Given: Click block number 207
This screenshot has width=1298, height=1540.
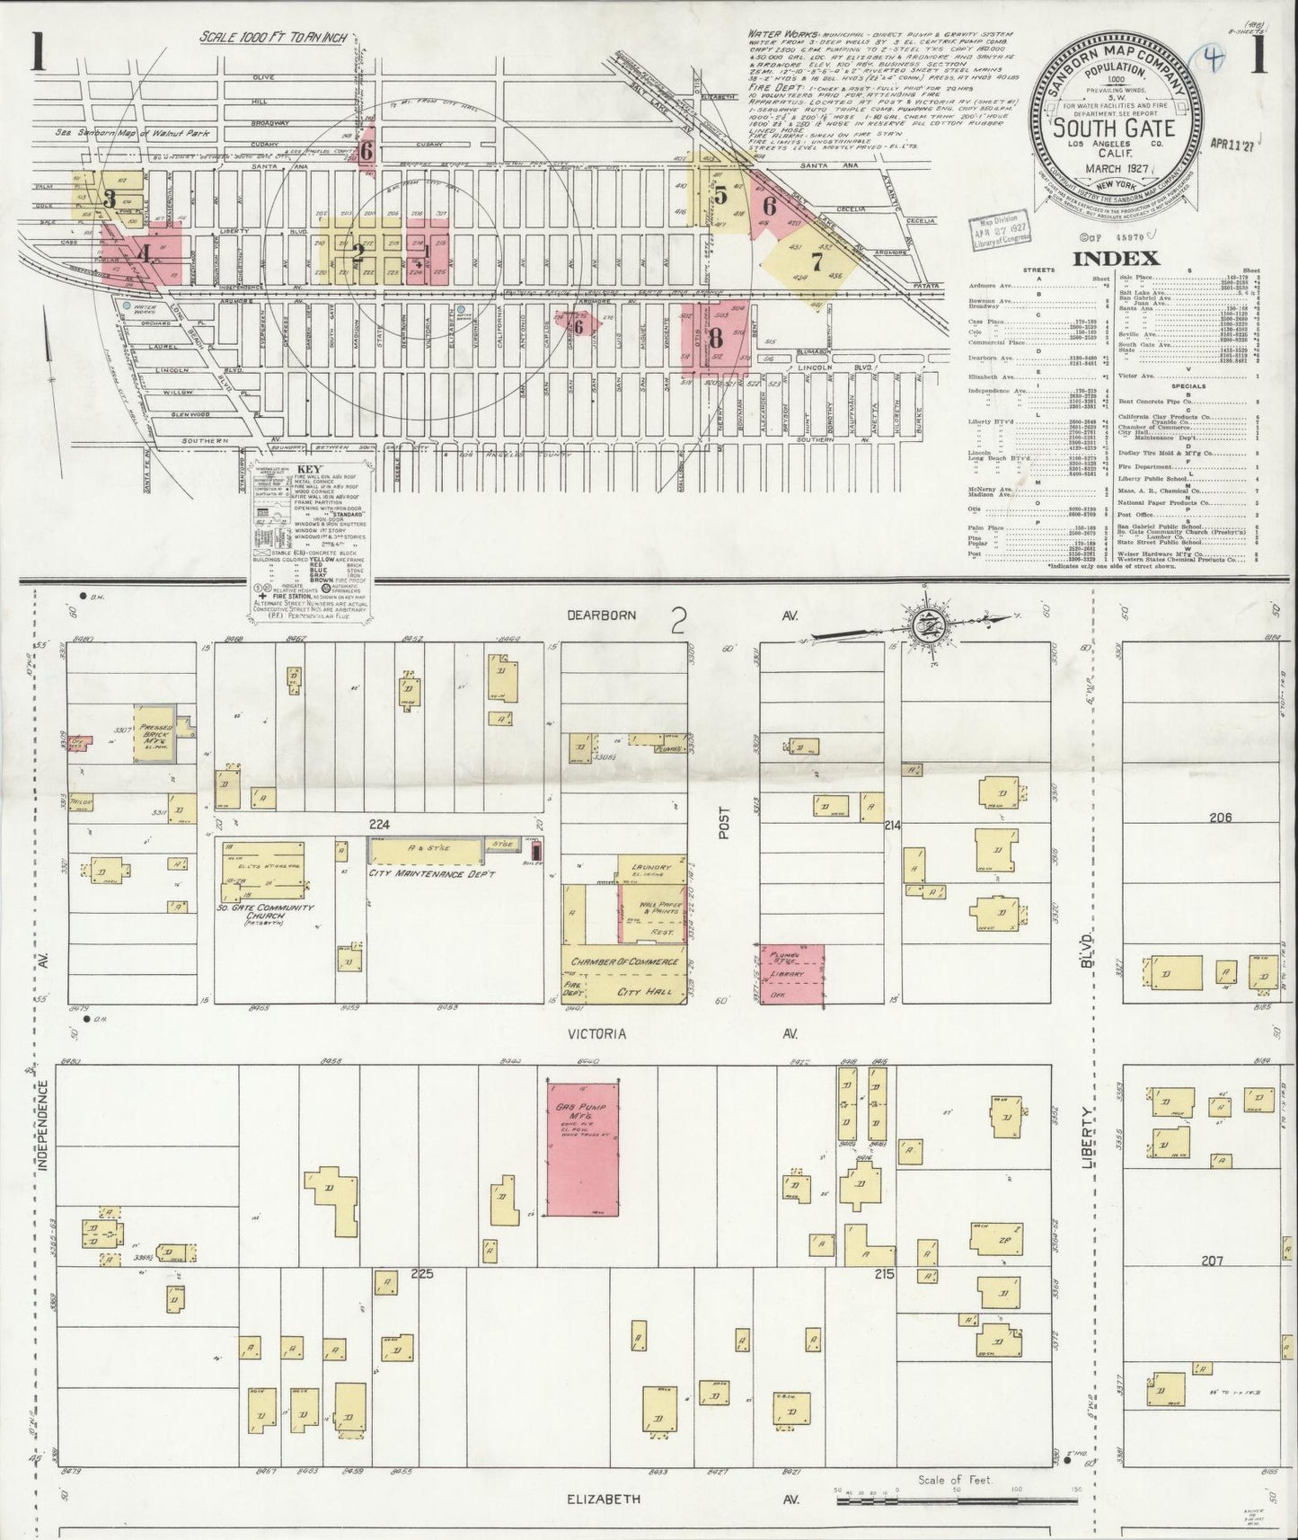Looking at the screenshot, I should pyautogui.click(x=1213, y=1261).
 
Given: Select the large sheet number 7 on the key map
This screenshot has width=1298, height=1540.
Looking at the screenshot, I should pyautogui.click(x=817, y=262).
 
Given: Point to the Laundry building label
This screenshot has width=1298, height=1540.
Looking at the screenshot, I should pyautogui.click(x=650, y=868).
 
